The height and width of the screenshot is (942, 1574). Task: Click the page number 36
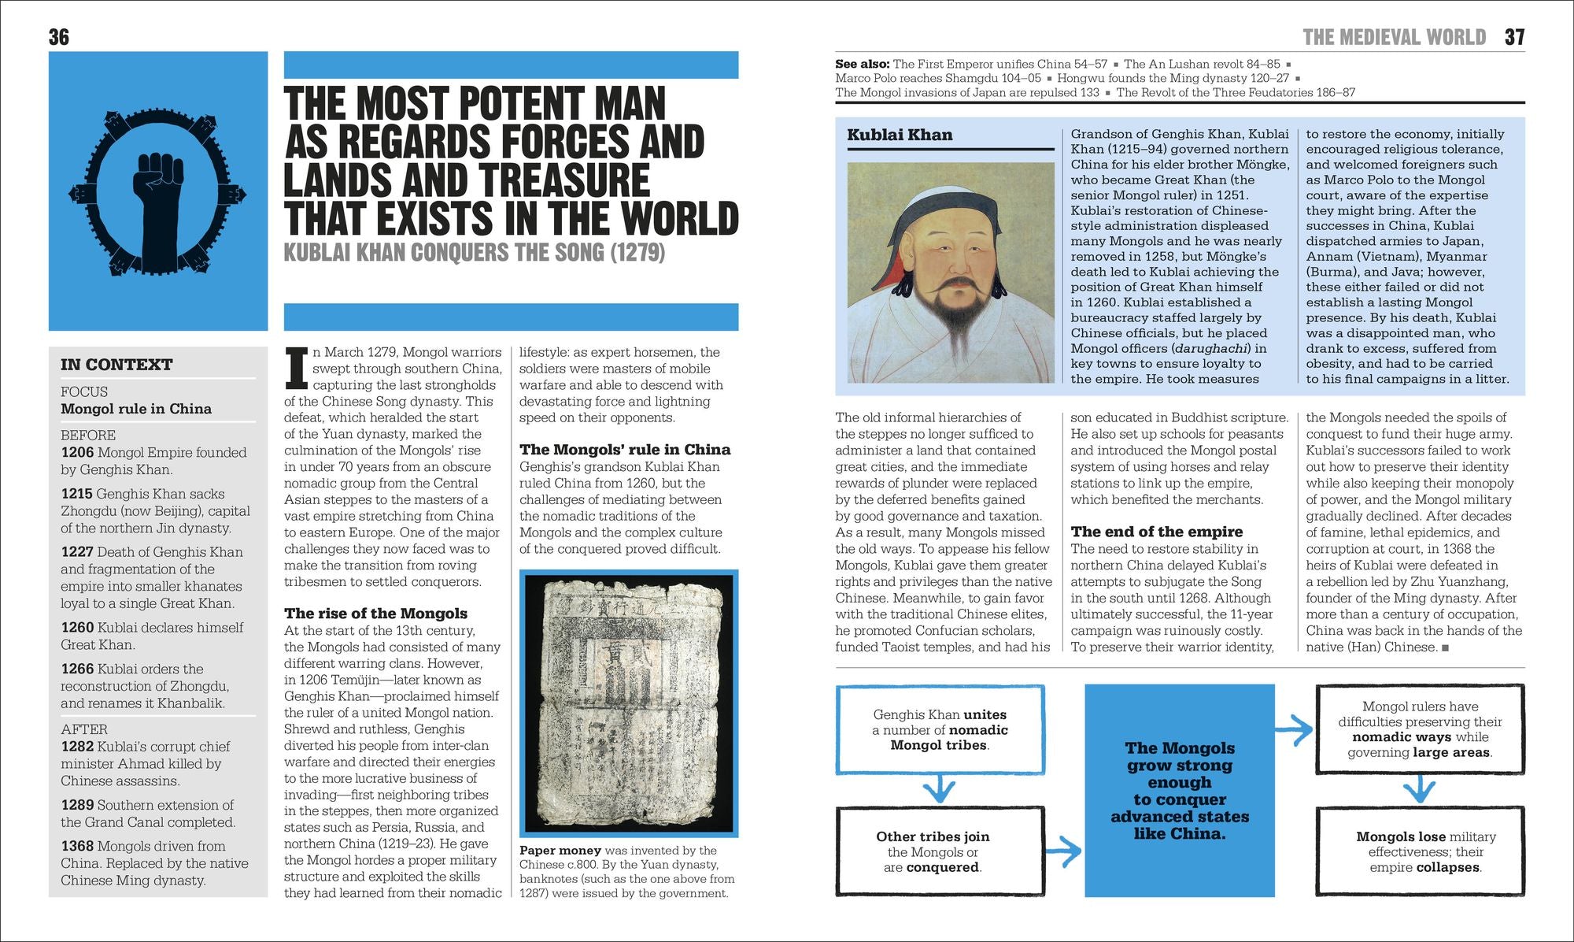pyautogui.click(x=59, y=37)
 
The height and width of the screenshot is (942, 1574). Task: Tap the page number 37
pyautogui.click(x=1514, y=37)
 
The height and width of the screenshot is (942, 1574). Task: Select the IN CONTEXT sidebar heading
pyautogui.click(x=116, y=365)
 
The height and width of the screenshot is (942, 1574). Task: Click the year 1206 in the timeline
pyautogui.click(x=77, y=453)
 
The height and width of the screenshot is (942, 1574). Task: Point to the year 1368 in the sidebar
pyautogui.click(x=77, y=847)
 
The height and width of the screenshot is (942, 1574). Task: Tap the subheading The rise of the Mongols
pyautogui.click(x=375, y=614)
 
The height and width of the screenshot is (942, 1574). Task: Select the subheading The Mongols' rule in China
pyautogui.click(x=624, y=450)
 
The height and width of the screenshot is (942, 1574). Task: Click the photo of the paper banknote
pyautogui.click(x=629, y=703)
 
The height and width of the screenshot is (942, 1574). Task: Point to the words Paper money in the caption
pyautogui.click(x=560, y=851)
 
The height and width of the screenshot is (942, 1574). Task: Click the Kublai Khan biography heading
pyautogui.click(x=900, y=135)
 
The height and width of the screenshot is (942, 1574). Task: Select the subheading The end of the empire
pyautogui.click(x=1156, y=532)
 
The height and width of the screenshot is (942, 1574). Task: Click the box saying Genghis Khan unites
pyautogui.click(x=940, y=729)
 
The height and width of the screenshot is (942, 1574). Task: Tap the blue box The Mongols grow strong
pyautogui.click(x=1179, y=790)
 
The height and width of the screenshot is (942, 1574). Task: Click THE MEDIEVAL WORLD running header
pyautogui.click(x=1394, y=37)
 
